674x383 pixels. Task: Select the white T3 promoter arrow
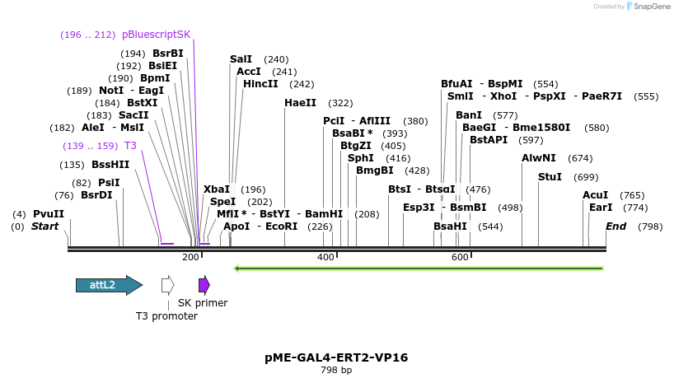point(167,285)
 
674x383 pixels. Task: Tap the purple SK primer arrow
point(204,285)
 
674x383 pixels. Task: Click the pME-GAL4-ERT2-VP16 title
point(336,357)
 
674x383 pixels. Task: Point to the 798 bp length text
point(336,371)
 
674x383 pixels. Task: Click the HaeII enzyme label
point(300,103)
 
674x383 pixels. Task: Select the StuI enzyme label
point(550,177)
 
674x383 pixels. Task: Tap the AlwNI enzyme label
point(539,158)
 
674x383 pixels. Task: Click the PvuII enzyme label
point(49,213)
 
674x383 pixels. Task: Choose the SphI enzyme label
point(361,158)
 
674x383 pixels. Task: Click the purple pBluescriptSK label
point(156,35)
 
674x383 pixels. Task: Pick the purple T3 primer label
point(130,146)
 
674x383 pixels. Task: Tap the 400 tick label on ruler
point(325,258)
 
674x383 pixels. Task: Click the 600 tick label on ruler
point(460,258)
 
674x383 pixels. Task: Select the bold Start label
point(45,226)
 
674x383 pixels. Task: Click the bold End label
point(616,226)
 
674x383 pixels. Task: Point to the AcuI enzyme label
point(596,195)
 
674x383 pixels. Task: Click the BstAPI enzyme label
point(489,140)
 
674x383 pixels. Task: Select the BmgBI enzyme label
point(374,170)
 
